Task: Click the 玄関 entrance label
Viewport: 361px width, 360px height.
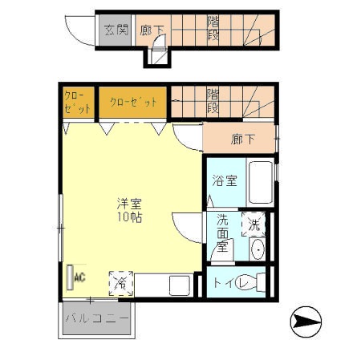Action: click(x=116, y=30)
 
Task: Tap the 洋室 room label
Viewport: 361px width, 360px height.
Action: click(x=128, y=203)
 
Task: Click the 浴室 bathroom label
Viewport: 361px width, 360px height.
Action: click(x=225, y=181)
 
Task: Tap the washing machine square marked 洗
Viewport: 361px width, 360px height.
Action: click(x=254, y=225)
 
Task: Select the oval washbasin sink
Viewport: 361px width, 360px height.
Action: click(x=257, y=249)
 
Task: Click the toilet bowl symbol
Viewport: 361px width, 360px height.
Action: click(x=254, y=283)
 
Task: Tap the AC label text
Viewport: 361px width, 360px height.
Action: click(x=79, y=277)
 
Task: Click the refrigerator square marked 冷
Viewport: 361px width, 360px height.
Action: click(x=121, y=283)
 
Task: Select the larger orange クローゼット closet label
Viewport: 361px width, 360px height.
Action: click(x=133, y=102)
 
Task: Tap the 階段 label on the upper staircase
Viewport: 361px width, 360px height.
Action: click(x=214, y=30)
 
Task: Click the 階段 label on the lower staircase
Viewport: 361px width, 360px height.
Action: click(x=213, y=101)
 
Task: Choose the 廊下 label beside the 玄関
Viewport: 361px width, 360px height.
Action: click(x=152, y=30)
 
